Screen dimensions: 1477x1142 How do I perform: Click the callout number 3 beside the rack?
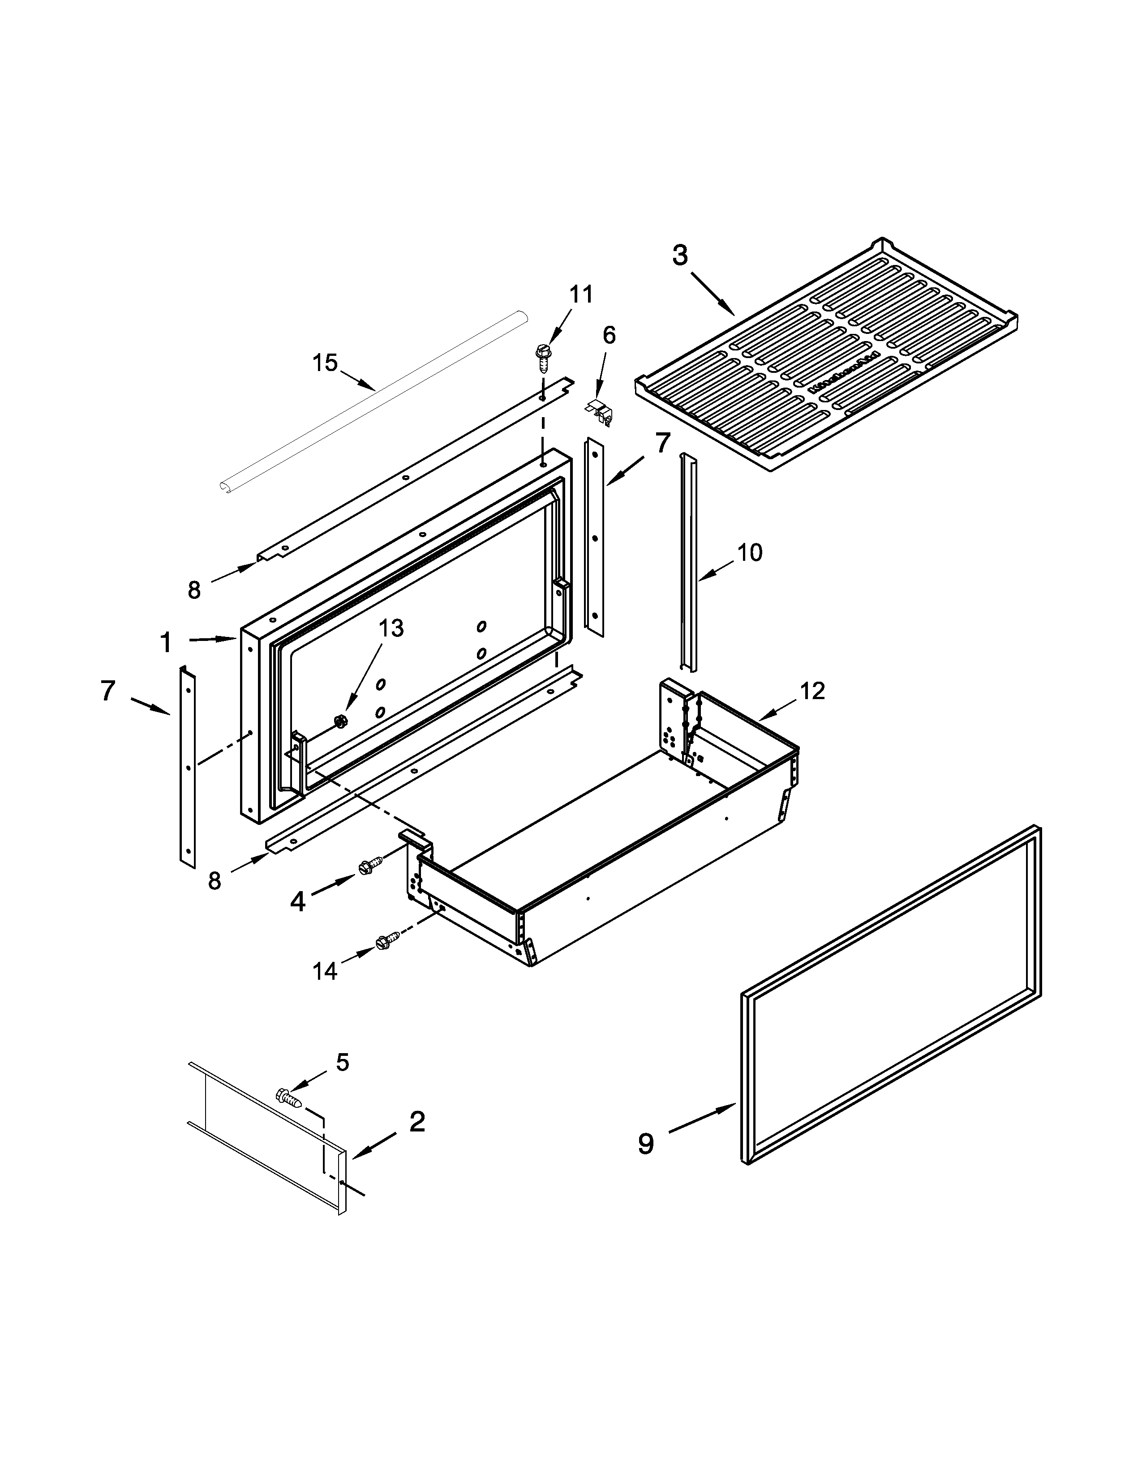679,256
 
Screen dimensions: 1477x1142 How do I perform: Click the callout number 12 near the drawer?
812,691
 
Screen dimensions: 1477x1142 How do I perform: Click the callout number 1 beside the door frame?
166,642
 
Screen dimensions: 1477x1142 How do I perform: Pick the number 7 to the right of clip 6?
661,443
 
